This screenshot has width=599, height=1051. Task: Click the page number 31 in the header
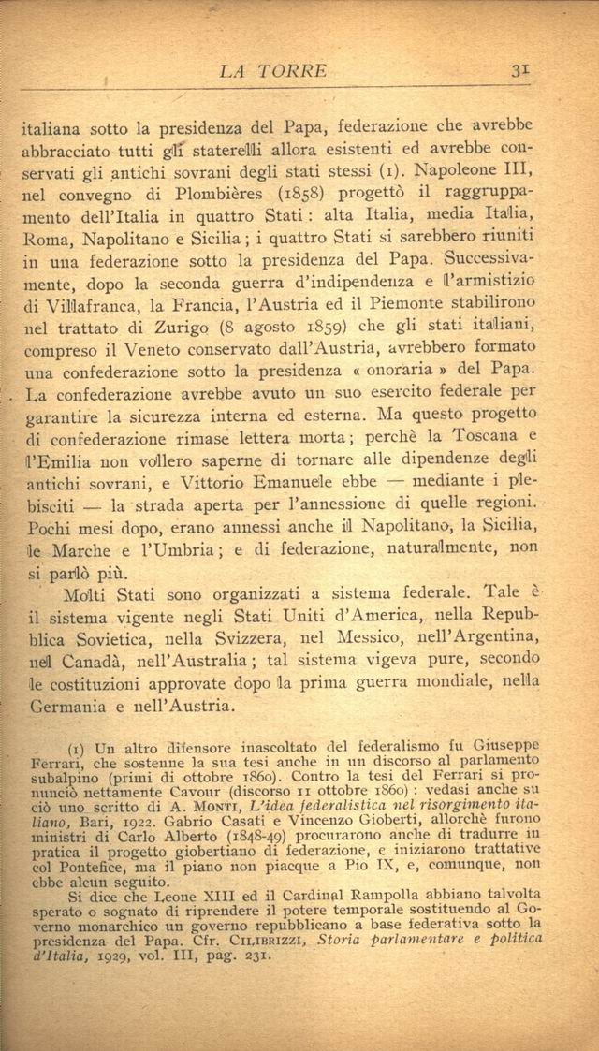click(522, 70)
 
